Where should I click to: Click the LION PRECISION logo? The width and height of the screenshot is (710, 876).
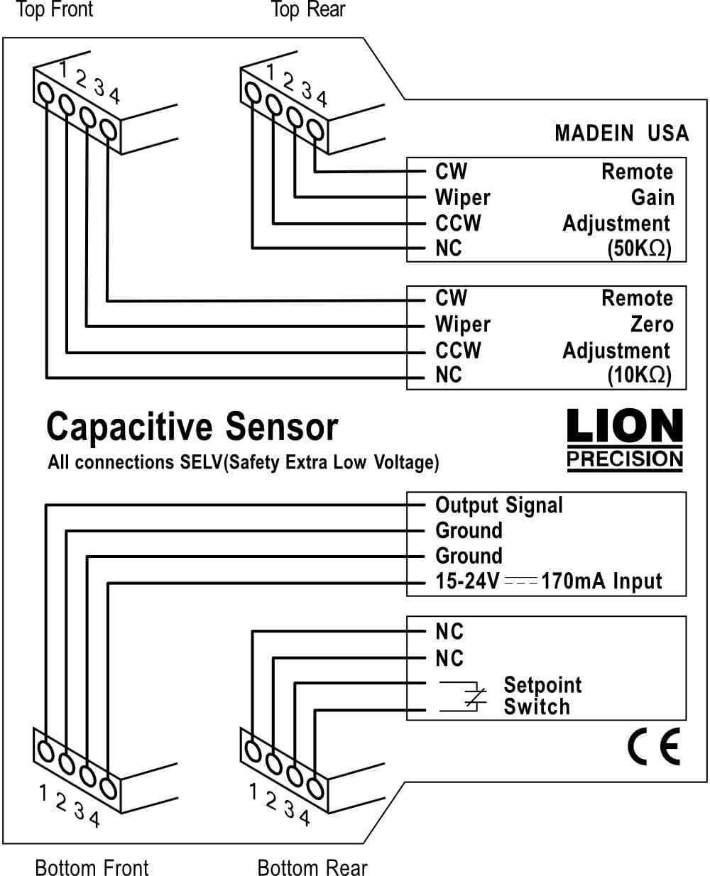[625, 439]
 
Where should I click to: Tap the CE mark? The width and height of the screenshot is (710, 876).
[653, 746]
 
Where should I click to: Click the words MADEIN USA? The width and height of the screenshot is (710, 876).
[621, 133]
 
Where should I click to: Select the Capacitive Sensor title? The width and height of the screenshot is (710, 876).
[192, 427]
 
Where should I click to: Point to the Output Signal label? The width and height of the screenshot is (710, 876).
[498, 505]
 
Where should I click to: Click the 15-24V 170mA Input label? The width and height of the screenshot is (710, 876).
[548, 582]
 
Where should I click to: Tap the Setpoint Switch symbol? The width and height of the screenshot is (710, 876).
[463, 696]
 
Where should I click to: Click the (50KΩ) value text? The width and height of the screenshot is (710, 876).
[639, 249]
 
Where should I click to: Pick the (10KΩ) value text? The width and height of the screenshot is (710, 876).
[639, 376]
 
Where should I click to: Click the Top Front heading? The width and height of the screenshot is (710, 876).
[54, 10]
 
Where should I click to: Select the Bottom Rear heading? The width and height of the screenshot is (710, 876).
[312, 867]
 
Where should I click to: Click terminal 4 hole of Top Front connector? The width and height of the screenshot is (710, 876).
[108, 130]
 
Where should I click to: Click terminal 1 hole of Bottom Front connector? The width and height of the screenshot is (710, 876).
[45, 750]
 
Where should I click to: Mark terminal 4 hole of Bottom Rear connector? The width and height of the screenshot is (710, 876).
[315, 787]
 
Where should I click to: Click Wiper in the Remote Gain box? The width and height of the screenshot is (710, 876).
[462, 197]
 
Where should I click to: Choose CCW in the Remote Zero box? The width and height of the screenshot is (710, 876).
[458, 350]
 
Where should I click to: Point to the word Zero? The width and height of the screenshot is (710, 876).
[652, 324]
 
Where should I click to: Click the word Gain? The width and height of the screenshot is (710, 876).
[652, 197]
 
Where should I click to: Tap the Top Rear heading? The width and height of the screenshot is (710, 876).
[308, 10]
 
